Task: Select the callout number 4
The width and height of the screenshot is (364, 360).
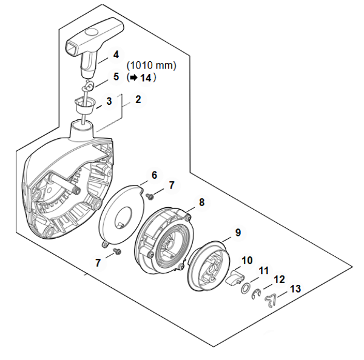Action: point(116,55)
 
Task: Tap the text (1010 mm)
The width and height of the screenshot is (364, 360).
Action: point(151,65)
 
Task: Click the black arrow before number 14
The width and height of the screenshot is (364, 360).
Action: point(133,78)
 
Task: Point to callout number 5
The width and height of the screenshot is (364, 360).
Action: point(116,77)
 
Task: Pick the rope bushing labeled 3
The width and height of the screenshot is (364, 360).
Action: point(85,105)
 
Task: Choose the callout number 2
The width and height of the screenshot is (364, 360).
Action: point(138,99)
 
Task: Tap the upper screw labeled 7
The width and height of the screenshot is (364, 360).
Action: point(150,197)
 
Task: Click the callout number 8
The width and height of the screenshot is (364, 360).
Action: point(201,202)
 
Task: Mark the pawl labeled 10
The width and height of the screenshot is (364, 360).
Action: point(234,277)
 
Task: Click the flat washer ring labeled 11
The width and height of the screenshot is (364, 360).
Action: point(245,288)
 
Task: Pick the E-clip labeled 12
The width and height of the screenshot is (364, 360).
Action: point(256,294)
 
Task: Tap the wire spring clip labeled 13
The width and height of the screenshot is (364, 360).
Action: point(271,301)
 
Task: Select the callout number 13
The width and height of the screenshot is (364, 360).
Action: point(295,289)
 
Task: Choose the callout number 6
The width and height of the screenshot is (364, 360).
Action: point(154,175)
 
